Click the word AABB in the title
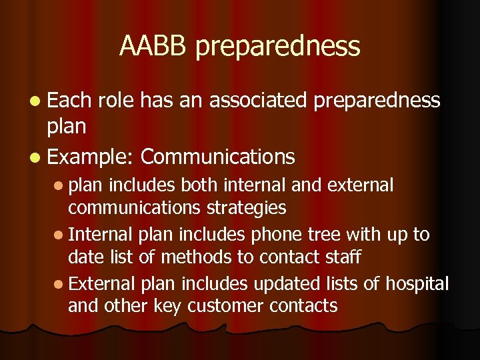click(154, 46)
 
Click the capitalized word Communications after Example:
click(218, 157)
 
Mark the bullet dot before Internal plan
click(60, 235)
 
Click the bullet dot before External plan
click(60, 284)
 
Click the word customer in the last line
click(225, 306)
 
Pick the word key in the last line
click(170, 306)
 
